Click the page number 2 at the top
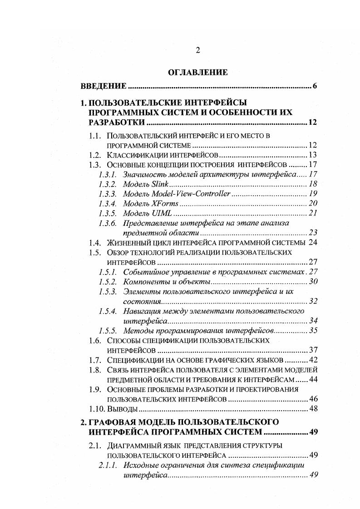[x=198, y=51]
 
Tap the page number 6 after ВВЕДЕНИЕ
[x=314, y=86]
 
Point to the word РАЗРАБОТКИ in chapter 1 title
[x=117, y=122]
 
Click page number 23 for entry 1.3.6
[x=312, y=232]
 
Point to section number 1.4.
[x=94, y=242]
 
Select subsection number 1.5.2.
[x=108, y=282]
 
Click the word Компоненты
[x=145, y=282]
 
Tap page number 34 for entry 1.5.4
[x=313, y=321]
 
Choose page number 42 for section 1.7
[x=312, y=360]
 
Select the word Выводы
[x=119, y=409]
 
